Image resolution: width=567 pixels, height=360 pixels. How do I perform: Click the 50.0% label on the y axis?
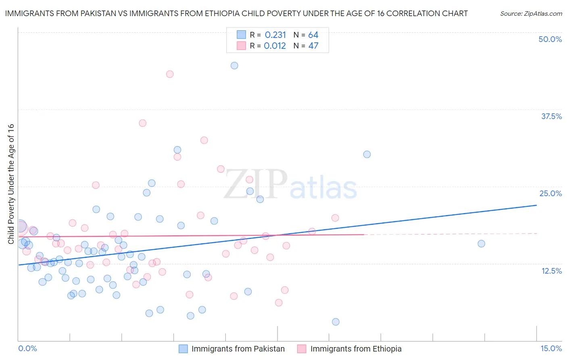(x=550, y=39)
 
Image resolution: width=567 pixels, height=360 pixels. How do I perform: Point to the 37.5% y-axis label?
(x=551, y=116)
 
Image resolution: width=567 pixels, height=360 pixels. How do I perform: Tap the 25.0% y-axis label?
(x=550, y=193)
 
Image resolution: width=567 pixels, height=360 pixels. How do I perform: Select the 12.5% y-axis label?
(x=551, y=271)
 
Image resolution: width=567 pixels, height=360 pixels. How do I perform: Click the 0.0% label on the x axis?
(x=27, y=348)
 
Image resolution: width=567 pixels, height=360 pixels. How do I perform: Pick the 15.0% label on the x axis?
(x=551, y=348)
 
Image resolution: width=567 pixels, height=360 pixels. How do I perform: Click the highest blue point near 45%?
(x=234, y=66)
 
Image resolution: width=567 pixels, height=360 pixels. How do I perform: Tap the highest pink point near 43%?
(x=170, y=74)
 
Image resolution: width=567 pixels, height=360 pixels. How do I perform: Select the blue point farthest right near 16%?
(x=481, y=244)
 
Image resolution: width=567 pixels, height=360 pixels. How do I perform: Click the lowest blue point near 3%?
(x=336, y=322)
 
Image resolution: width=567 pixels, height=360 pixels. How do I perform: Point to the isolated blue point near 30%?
(x=367, y=154)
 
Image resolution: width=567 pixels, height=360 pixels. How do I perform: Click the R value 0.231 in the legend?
(x=275, y=35)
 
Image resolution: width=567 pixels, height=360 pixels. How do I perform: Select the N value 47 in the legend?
(x=313, y=46)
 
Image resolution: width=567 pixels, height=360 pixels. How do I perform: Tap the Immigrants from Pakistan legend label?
(x=238, y=349)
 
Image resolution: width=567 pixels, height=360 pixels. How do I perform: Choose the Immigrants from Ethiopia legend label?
(x=356, y=349)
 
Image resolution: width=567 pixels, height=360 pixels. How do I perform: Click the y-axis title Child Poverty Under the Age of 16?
(x=11, y=184)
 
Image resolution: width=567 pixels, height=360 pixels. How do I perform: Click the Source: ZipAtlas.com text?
(x=531, y=14)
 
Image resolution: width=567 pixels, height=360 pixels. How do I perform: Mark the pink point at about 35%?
(x=142, y=123)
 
